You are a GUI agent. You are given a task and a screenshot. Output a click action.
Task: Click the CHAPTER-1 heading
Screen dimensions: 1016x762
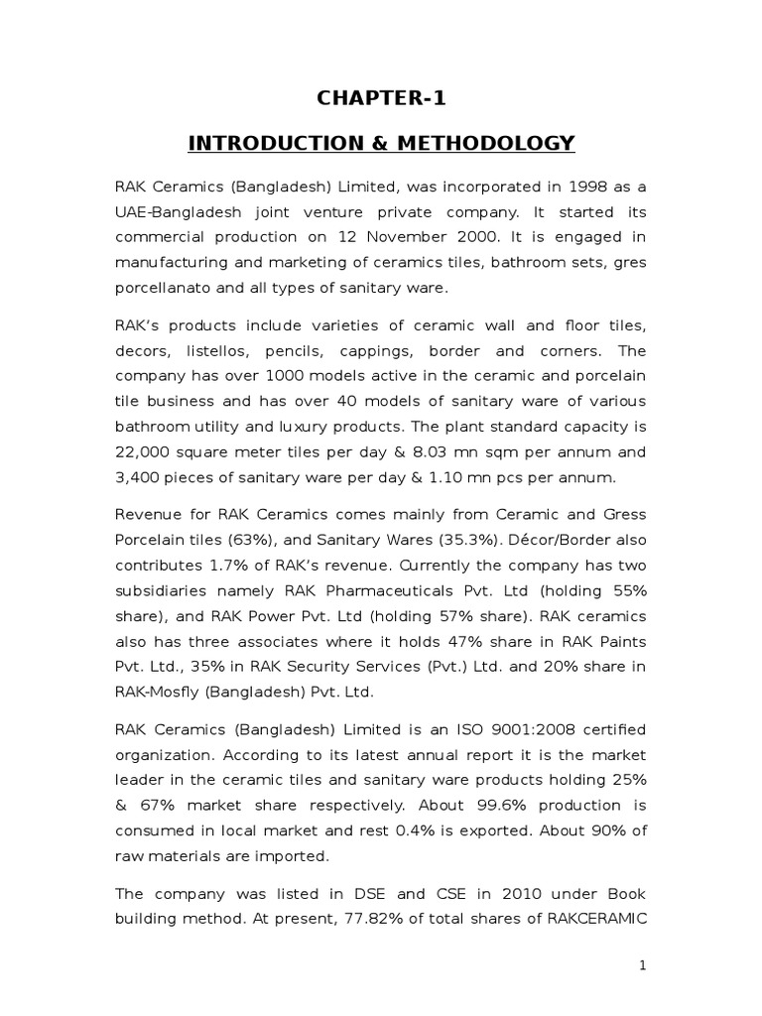[381, 97]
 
